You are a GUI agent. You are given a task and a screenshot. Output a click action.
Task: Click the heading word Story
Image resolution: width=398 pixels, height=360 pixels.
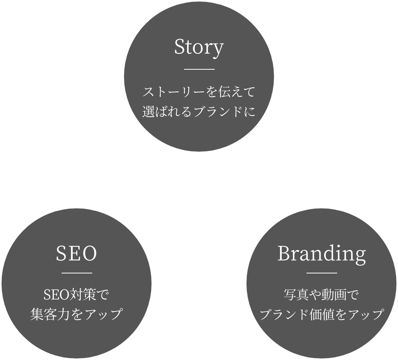point(199,48)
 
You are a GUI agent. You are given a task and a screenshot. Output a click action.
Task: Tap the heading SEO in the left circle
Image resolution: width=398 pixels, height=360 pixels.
point(77,254)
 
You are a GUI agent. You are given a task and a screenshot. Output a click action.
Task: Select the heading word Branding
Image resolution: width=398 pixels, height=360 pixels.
point(321,254)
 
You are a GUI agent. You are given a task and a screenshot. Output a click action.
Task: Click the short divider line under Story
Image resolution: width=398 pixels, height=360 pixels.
point(199,69)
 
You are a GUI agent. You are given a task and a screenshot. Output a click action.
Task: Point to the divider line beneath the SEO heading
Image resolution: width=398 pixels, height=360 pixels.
point(77,273)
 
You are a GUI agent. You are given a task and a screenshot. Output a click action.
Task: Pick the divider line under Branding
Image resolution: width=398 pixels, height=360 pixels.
point(321,273)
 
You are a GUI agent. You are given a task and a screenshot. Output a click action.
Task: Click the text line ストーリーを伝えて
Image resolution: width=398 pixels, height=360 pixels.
point(199,93)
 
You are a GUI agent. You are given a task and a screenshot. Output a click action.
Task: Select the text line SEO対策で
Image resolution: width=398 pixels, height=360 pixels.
point(77,295)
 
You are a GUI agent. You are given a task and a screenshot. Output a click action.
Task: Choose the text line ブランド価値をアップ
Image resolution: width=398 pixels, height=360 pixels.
point(321,314)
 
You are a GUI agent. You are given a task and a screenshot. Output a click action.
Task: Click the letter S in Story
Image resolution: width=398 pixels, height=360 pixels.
point(179,47)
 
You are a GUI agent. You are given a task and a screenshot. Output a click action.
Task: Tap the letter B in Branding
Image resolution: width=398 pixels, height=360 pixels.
point(284,254)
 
